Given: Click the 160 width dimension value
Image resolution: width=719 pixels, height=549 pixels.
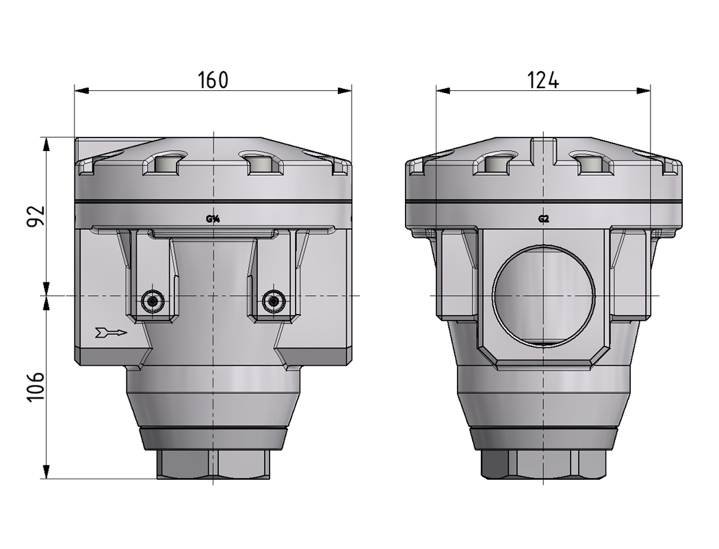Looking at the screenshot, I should pyautogui.click(x=213, y=80).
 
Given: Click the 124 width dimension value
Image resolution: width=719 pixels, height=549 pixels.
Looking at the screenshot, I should pyautogui.click(x=543, y=80).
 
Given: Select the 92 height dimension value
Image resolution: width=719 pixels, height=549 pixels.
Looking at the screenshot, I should pyautogui.click(x=36, y=215).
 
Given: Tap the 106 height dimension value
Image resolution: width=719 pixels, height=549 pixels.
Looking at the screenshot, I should pyautogui.click(x=36, y=388).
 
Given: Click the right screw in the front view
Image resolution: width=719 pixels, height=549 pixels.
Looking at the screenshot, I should pyautogui.click(x=273, y=300).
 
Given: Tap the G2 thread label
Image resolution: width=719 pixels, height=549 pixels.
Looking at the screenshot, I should pyautogui.click(x=544, y=219).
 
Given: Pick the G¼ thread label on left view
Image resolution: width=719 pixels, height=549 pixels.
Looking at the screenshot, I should pyautogui.click(x=213, y=219).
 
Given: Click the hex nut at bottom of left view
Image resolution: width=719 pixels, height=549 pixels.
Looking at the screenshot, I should pyautogui.click(x=213, y=465).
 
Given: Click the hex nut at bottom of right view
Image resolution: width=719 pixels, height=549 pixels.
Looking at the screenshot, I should pyautogui.click(x=543, y=465).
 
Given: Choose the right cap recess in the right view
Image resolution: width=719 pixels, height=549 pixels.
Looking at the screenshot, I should pyautogui.click(x=589, y=164).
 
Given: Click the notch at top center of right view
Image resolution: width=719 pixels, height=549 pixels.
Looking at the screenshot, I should pyautogui.click(x=544, y=146).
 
